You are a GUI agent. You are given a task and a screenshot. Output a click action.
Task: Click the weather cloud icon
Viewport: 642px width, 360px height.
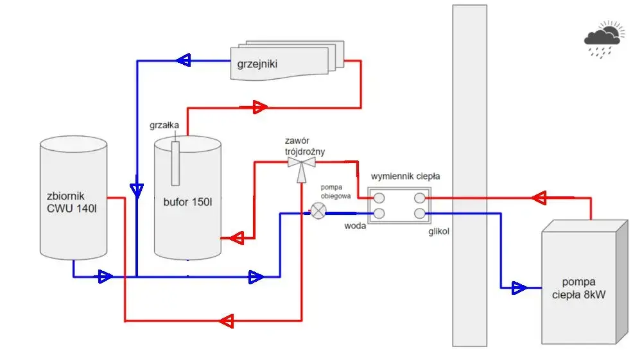tap(604, 39)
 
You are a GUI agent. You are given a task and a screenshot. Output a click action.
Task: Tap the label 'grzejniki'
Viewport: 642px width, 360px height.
tap(257, 64)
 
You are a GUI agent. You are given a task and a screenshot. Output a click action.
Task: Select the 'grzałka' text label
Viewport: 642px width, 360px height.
tap(164, 125)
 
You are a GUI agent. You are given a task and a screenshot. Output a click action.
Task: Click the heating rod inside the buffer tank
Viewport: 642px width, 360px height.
tap(175, 163)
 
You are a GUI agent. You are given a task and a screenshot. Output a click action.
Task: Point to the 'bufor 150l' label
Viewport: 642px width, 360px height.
tap(187, 201)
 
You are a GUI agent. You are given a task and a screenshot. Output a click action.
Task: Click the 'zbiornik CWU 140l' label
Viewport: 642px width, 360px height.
tap(72, 202)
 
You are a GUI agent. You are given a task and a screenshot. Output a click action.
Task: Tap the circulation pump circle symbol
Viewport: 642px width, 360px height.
tap(318, 211)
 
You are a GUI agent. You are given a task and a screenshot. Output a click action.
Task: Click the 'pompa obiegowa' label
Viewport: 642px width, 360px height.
tap(335, 191)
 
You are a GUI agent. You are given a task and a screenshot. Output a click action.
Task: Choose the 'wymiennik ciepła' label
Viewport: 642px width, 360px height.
tap(405, 176)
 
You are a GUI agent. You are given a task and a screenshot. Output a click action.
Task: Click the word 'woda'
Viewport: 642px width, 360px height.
tap(355, 226)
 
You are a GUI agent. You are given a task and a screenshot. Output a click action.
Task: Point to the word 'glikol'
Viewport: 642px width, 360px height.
tap(439, 232)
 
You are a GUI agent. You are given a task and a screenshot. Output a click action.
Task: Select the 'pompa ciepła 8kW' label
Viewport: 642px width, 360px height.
tap(578, 288)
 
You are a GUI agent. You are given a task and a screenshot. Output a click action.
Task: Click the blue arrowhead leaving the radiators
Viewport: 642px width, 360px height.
tap(184, 60)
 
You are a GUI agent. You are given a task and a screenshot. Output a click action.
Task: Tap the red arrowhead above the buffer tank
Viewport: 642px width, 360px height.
tap(259, 107)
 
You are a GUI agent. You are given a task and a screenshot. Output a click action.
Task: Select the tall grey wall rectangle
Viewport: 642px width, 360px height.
tap(470, 176)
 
